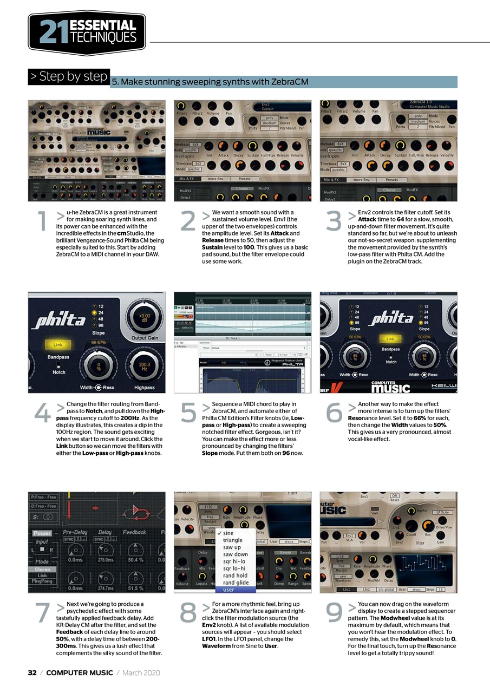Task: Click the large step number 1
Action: coord(42,223)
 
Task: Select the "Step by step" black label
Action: coord(69,76)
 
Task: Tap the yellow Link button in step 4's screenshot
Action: coord(58,344)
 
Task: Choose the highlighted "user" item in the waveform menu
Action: coord(228,590)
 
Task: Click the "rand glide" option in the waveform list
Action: coord(236,583)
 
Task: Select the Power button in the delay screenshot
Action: coord(42,533)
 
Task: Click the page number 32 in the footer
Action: coord(32,673)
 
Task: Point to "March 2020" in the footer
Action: coord(141,673)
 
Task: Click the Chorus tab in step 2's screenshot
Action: coord(243,189)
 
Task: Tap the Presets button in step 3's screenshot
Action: coord(392,180)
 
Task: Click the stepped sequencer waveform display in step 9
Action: coord(423,568)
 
